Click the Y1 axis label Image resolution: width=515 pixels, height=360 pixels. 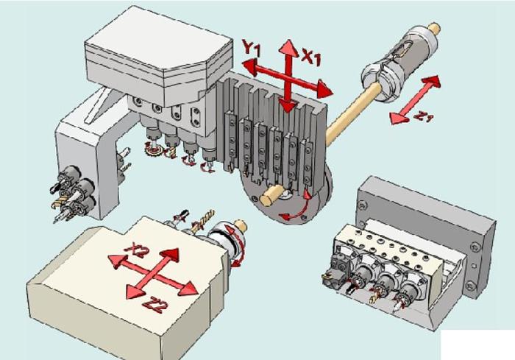252,48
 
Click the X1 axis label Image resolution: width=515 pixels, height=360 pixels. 310,57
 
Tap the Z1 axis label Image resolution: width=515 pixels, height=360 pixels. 424,116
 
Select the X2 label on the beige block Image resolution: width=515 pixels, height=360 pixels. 137,251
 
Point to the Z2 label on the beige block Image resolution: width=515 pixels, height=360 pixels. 154,305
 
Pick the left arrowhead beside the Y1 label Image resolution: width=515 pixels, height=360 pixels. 249,66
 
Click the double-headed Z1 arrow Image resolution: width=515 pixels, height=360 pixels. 415,99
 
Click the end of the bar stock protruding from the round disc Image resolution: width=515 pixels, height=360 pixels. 266,200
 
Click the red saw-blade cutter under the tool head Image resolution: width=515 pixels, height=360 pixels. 154,150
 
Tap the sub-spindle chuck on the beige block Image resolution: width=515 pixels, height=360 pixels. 227,243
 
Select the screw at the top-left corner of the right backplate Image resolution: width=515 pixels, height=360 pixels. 362,206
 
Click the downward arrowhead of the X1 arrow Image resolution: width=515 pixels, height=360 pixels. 288,106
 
